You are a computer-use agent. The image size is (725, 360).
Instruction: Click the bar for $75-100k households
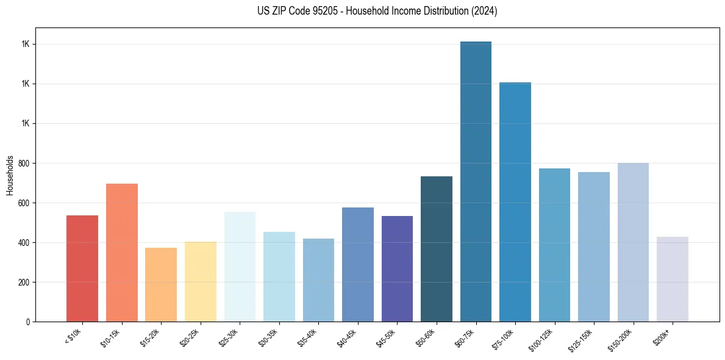coord(515,202)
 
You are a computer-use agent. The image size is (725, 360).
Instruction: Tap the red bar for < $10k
coord(82,268)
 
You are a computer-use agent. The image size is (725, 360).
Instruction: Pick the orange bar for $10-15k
coord(122,253)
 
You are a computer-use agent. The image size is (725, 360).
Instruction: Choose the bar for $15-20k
coord(161,284)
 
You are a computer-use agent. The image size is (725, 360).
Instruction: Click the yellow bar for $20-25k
coord(201,281)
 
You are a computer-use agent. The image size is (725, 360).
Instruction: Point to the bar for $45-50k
coord(397,268)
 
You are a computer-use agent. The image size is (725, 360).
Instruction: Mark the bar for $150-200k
coord(633,242)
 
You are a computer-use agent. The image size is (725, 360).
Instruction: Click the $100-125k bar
coord(554,245)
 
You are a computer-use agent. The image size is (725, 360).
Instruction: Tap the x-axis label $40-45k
coord(347,337)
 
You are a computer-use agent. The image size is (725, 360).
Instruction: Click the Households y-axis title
coord(10,175)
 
